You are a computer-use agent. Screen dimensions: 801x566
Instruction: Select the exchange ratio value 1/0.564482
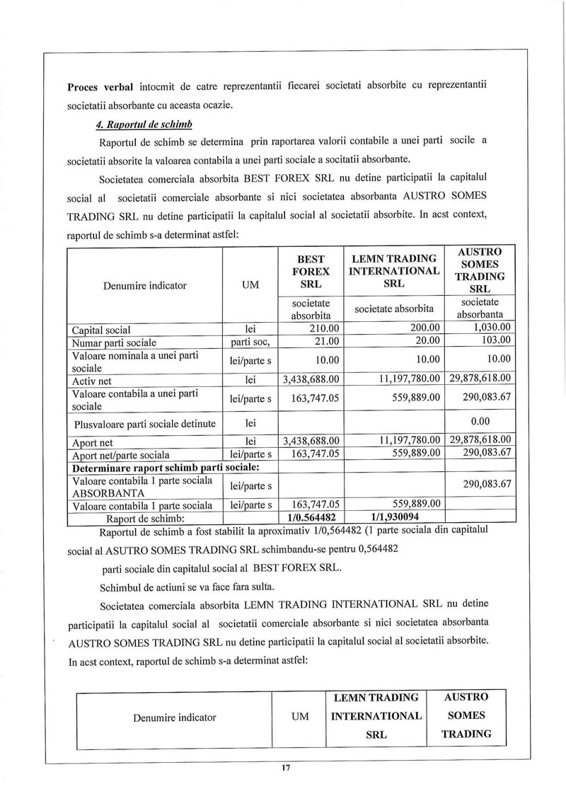point(311,517)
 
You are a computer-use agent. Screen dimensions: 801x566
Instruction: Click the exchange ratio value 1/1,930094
point(393,517)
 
